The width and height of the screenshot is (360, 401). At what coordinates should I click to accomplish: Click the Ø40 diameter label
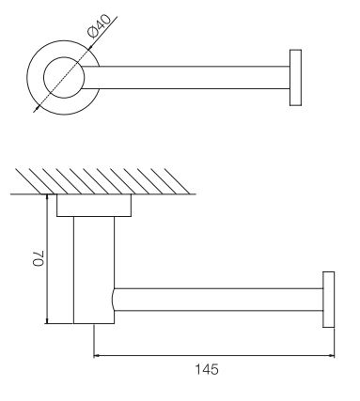[100, 26]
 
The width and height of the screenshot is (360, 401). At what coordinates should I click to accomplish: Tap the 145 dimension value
[207, 369]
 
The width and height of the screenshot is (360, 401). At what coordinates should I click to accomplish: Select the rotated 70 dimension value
[39, 258]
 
